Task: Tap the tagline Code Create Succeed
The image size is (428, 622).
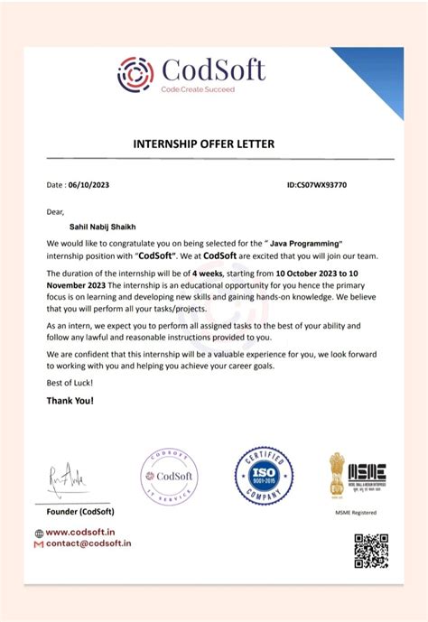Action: click(197, 89)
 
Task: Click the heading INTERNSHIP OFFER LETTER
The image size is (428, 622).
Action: click(203, 144)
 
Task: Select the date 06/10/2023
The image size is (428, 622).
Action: click(90, 185)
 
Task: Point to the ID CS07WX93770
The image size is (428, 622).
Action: click(316, 185)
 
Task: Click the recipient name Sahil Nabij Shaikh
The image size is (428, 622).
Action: click(97, 228)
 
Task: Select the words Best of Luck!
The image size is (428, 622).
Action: click(69, 383)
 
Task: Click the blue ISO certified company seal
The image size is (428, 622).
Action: click(264, 475)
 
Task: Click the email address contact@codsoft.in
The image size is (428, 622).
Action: click(88, 544)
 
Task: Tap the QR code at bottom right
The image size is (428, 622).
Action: click(370, 550)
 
